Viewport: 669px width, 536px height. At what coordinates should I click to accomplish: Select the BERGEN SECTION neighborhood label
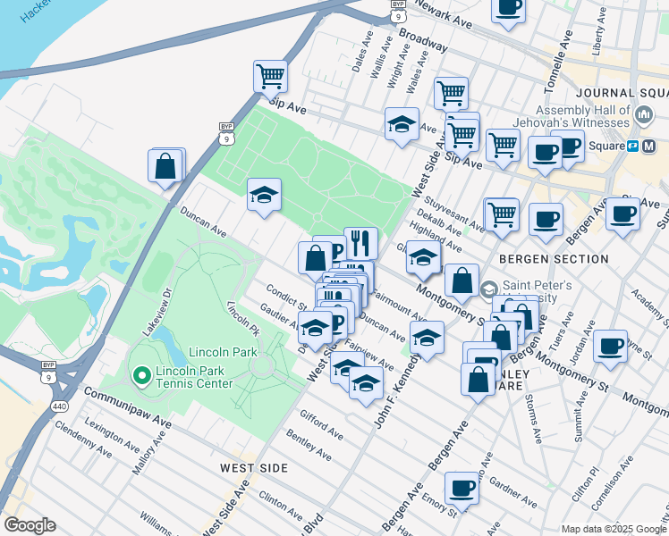point(541,259)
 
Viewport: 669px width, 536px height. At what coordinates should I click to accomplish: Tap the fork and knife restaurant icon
point(360,241)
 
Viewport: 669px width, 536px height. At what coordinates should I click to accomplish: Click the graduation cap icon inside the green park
point(264,195)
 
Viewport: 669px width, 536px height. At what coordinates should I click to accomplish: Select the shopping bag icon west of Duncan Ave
point(167,165)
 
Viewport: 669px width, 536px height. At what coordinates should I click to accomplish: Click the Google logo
point(30,525)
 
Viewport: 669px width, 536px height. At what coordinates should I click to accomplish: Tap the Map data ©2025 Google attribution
point(614,528)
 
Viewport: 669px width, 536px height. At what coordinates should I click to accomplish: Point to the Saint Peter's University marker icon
point(488,289)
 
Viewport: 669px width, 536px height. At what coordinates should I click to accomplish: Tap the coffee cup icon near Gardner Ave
point(462,488)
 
